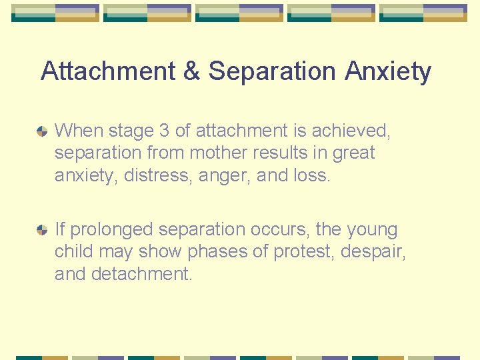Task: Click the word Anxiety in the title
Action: [388, 71]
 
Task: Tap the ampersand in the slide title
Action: [191, 71]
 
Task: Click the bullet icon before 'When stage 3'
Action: [42, 131]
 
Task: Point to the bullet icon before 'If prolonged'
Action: [42, 231]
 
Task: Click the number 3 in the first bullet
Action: [165, 131]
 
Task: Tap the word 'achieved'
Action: [352, 131]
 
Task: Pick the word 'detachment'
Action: [142, 274]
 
